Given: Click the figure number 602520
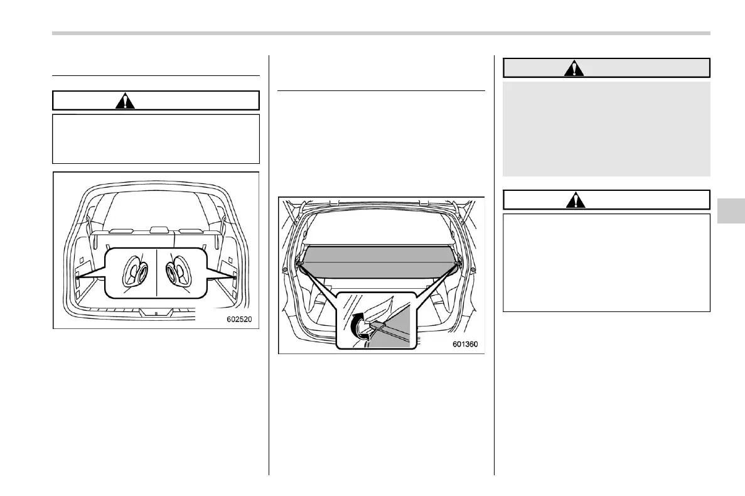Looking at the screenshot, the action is point(238,320).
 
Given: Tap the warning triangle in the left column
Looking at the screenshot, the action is point(126,100).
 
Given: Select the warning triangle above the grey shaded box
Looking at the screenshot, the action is point(574,68).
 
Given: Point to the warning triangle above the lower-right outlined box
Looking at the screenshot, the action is point(574,200).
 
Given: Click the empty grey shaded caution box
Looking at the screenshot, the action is point(606,129).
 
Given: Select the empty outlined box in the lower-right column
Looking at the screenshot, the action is point(606,262).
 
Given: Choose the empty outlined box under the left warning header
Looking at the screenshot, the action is point(156,139).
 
